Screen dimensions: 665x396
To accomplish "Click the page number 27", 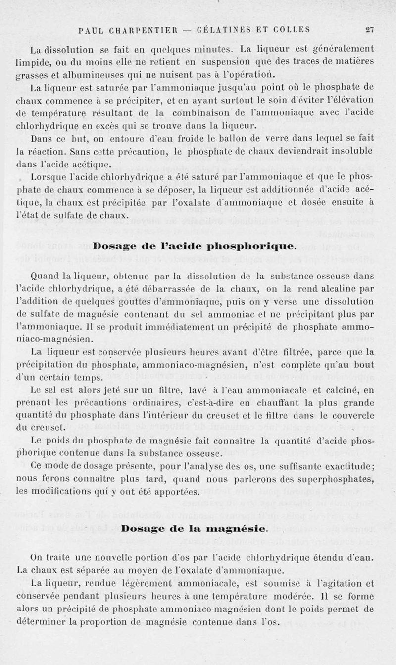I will pyautogui.click(x=369, y=29).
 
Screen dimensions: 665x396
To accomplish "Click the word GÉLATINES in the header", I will pyautogui.click(x=223, y=29).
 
